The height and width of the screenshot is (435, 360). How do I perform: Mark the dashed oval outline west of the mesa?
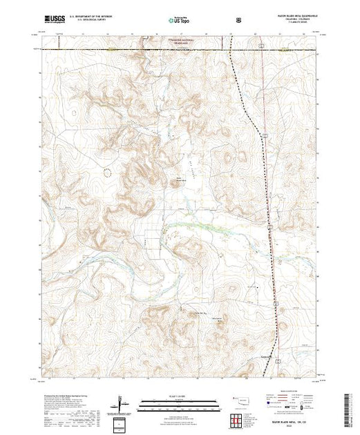[x=104, y=171]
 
